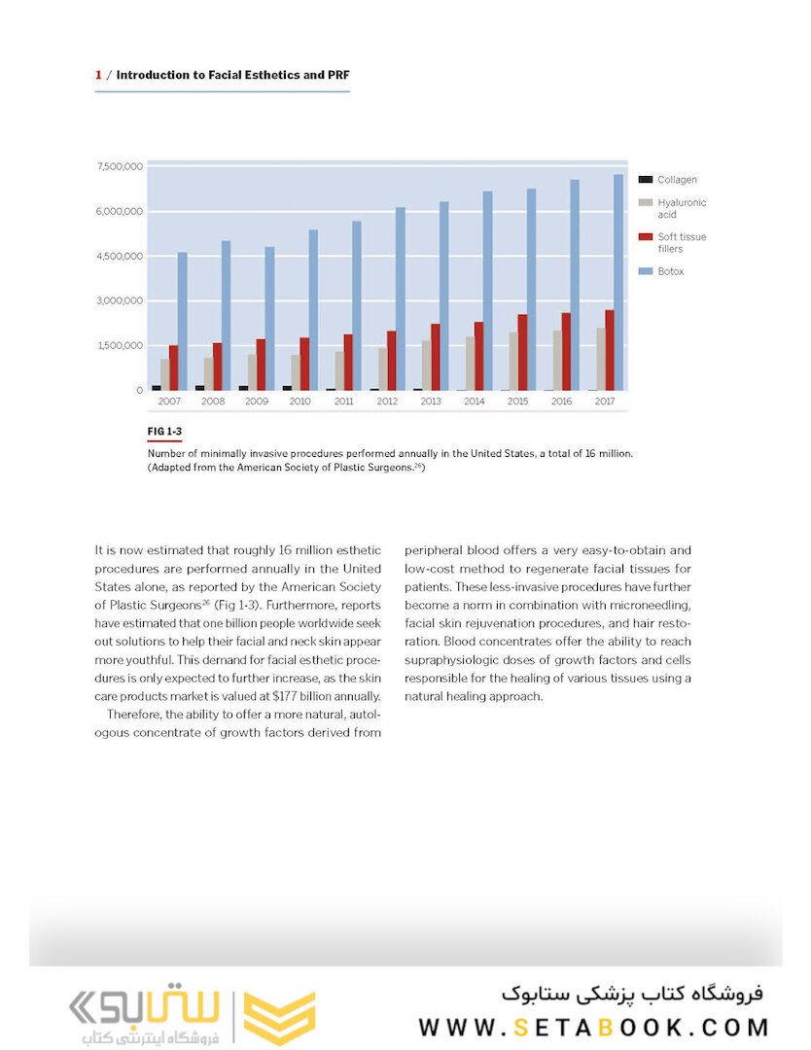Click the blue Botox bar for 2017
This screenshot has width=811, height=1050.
(x=618, y=283)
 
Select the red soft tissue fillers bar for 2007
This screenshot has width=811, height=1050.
(x=173, y=367)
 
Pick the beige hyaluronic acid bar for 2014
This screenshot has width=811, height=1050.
(x=471, y=364)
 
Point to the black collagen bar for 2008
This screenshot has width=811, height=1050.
(x=199, y=387)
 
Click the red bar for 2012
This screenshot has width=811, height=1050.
(x=391, y=361)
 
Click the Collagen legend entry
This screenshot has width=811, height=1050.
(x=677, y=180)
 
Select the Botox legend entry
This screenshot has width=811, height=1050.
(x=670, y=271)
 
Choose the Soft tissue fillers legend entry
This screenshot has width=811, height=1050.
(x=681, y=243)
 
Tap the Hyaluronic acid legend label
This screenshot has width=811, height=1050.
(x=681, y=208)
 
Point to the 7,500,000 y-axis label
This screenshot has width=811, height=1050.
(x=120, y=167)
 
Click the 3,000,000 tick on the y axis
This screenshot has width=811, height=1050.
(x=120, y=301)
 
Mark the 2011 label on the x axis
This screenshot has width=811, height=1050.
(x=344, y=401)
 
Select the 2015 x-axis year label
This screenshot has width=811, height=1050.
(x=518, y=401)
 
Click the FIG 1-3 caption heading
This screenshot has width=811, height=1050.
(x=164, y=430)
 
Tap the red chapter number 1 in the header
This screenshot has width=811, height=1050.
(x=98, y=74)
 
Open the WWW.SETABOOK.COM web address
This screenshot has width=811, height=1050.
(x=593, y=1027)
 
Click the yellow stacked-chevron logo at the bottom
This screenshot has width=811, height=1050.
(x=279, y=1018)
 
